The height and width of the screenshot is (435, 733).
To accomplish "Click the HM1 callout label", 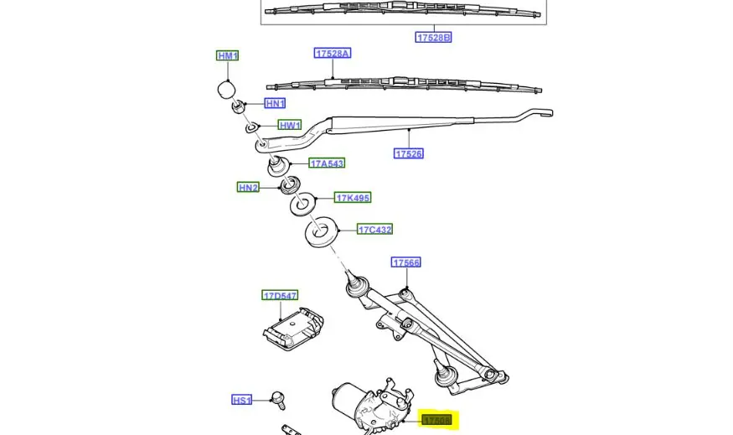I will (x=227, y=56).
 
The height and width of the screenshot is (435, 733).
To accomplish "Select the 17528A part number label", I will (x=333, y=54).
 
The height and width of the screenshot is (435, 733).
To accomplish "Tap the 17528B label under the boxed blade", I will (x=433, y=38).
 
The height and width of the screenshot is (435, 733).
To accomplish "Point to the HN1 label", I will (x=275, y=104).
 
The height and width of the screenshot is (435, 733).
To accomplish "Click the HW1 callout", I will (x=290, y=126).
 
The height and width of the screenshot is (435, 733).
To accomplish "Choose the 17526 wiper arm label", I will (x=409, y=153).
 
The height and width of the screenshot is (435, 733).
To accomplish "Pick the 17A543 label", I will (x=327, y=163).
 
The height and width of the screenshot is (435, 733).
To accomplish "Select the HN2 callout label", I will (x=248, y=188).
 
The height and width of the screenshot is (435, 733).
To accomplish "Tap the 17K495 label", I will (x=353, y=198).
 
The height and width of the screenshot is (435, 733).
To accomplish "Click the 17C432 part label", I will (x=374, y=230).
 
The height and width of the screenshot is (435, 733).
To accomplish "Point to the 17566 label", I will (x=406, y=263).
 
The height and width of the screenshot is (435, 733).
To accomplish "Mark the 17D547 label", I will (x=280, y=296).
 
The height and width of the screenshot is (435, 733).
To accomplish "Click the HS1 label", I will (x=241, y=401).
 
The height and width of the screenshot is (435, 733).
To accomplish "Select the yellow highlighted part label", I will (x=436, y=420).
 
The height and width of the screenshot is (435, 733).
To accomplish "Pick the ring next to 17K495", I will (x=302, y=203).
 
